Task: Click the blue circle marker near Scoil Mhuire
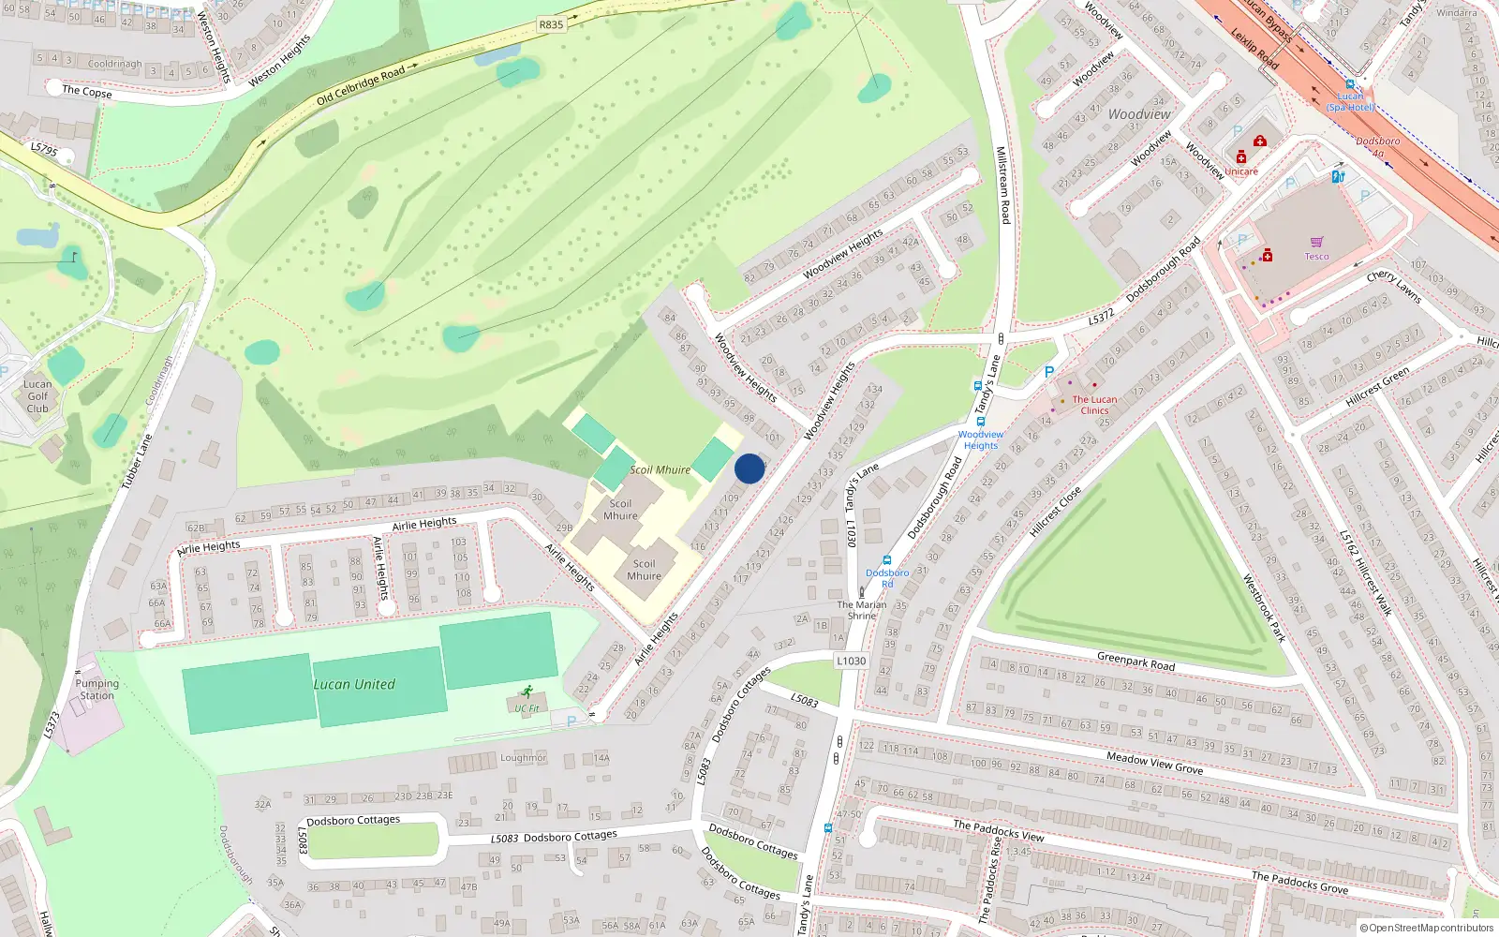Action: pos(749,468)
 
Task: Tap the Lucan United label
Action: pos(354,685)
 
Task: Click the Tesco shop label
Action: pos(1316,257)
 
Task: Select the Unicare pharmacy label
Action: pos(1241,171)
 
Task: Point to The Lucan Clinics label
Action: pos(1094,405)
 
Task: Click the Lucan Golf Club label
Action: pos(37,396)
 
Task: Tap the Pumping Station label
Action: pos(97,690)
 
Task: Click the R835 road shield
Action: pos(551,24)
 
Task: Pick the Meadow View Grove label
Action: pos(1154,763)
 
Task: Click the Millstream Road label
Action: pos(1002,185)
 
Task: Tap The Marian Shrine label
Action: pos(862,610)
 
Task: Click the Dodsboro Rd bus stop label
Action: pos(886,577)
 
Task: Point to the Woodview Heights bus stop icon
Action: pos(981,422)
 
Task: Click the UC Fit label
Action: pos(527,708)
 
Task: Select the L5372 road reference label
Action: pos(1101,317)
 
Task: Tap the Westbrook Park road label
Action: pos(1264,607)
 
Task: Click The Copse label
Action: pos(86,91)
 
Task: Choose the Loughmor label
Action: pos(523,757)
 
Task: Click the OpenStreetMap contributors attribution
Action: pos(1426,928)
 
